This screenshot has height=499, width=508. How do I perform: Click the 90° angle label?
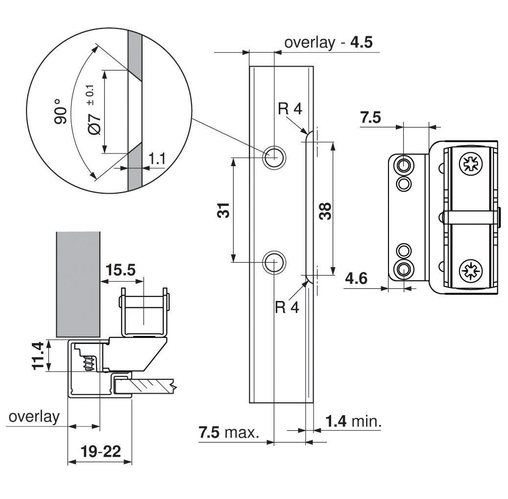60,112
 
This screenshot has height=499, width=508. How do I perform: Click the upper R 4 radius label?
290,109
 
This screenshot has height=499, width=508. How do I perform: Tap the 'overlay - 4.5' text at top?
328,43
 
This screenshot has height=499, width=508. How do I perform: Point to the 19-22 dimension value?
99,451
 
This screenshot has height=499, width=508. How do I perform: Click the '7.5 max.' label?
229,433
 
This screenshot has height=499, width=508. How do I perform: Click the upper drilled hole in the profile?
274,157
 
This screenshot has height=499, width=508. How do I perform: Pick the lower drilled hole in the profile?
274,262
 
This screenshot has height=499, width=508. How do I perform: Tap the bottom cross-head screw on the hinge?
470,270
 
